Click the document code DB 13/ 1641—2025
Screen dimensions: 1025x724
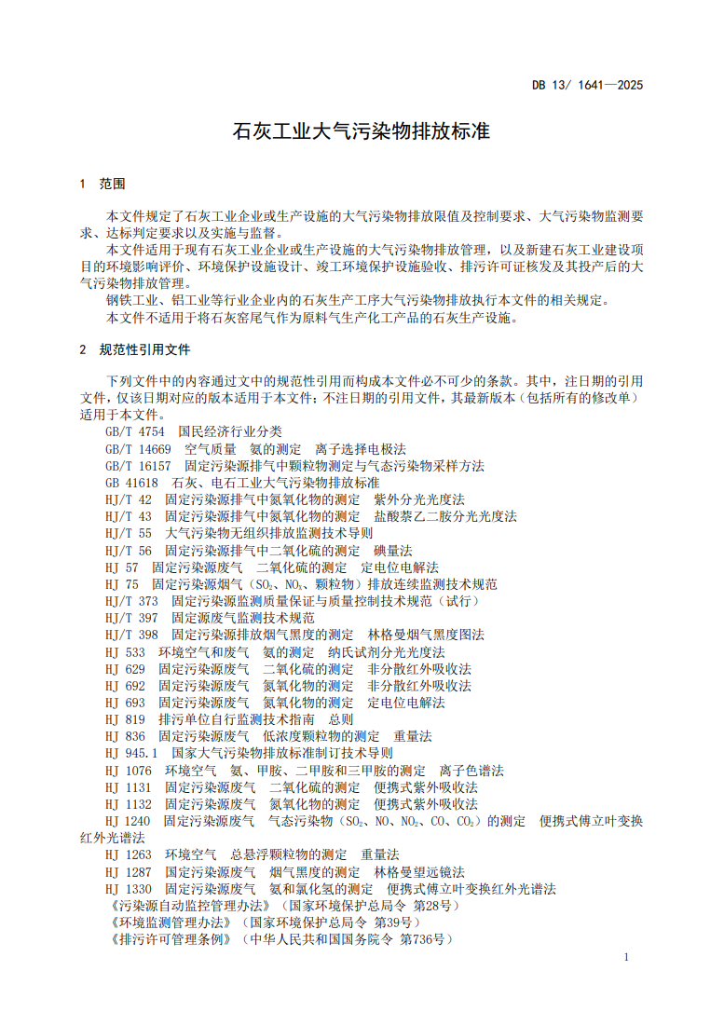pos(587,85)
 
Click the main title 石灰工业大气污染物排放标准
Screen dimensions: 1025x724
pos(361,131)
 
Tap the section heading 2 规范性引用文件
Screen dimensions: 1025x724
pos(135,349)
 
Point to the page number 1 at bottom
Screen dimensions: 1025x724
pos(626,957)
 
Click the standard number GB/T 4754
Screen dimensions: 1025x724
pos(135,431)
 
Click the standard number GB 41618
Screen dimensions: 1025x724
pos(132,483)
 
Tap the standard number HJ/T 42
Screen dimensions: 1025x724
pos(129,499)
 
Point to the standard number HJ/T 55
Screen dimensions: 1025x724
pos(129,534)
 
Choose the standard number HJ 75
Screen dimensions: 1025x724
pos(122,584)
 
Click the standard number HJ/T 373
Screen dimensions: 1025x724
pos(132,601)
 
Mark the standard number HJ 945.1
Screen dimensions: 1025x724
pos(131,753)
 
